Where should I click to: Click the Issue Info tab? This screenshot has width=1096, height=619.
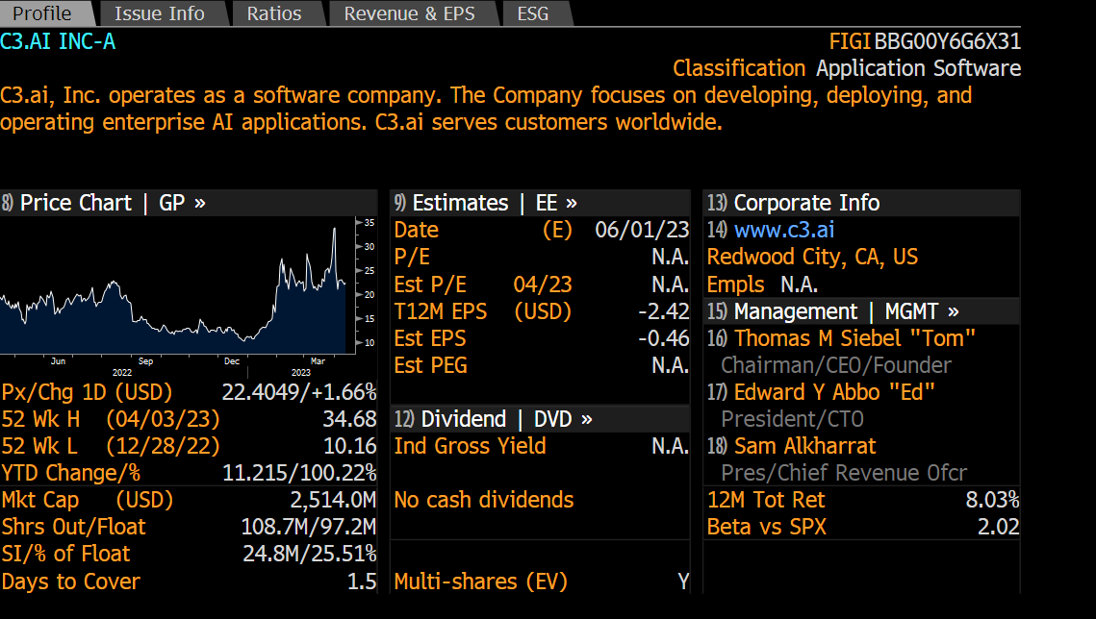click(x=159, y=13)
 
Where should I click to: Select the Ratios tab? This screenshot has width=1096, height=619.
click(x=273, y=13)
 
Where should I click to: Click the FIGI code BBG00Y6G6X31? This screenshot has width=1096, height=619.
click(x=947, y=41)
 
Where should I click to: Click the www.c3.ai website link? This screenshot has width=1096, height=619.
click(x=783, y=230)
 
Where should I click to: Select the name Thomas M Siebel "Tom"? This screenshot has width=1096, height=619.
click(x=854, y=338)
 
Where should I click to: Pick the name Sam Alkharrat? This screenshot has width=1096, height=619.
click(x=804, y=446)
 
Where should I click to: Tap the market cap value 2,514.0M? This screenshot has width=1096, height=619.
click(x=333, y=500)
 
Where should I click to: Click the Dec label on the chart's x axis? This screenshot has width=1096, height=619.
click(x=232, y=361)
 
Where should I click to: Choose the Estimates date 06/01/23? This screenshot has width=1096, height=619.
click(x=642, y=230)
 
